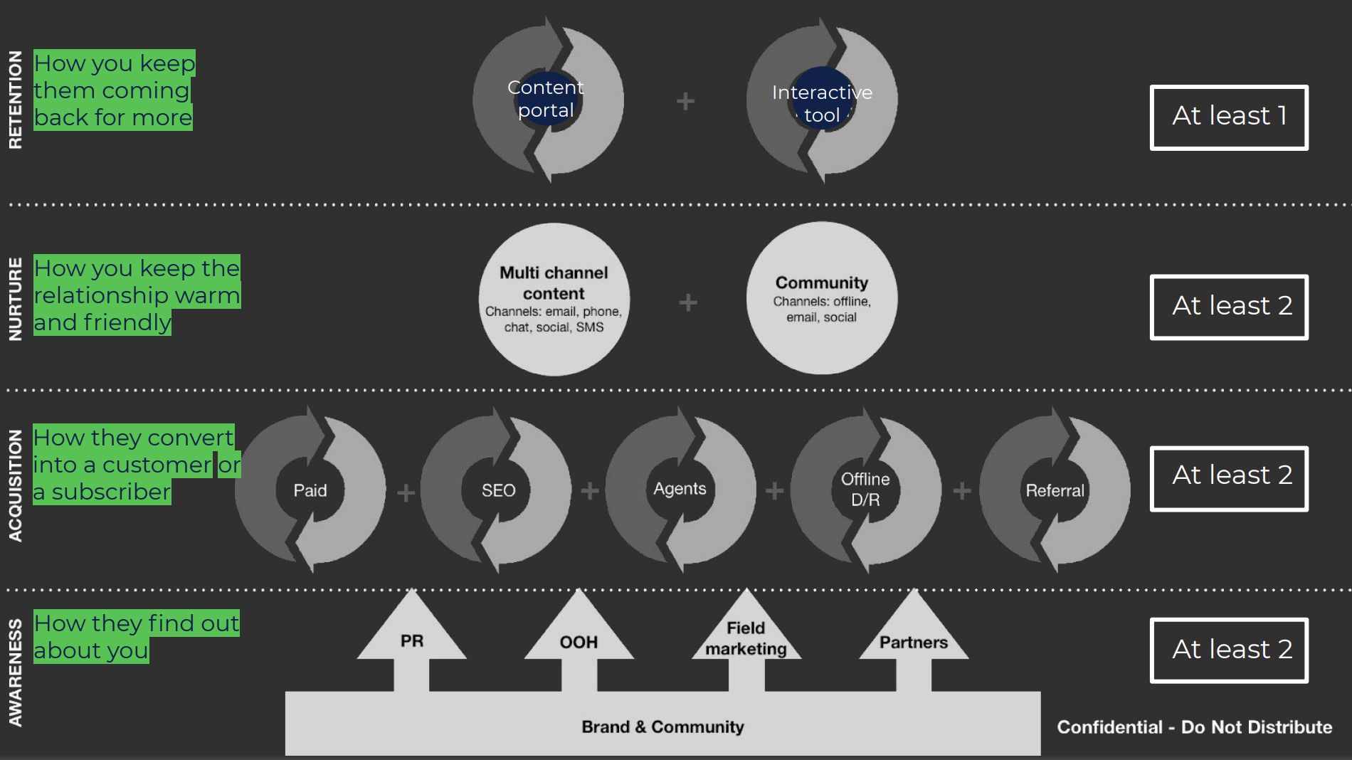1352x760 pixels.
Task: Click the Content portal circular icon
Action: pos(547,100)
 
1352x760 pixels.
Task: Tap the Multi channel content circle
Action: pos(554,300)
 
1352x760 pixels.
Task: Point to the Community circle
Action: pos(822,298)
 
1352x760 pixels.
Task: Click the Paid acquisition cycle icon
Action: pos(310,490)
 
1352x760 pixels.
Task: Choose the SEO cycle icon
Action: pos(497,490)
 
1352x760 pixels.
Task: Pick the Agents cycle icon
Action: pos(680,490)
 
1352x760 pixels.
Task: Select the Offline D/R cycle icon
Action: pos(865,490)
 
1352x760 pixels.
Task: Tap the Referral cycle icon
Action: pos(1055,490)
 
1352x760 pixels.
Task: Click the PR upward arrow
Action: pos(412,641)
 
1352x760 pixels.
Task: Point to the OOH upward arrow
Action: pos(579,642)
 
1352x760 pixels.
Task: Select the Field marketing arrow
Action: pos(746,638)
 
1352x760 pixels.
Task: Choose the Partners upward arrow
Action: pos(914,642)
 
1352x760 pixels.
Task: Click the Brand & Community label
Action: pos(662,727)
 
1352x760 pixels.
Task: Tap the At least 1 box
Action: pos(1229,117)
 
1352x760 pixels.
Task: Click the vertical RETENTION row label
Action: pos(15,100)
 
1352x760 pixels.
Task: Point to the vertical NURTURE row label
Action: pos(15,299)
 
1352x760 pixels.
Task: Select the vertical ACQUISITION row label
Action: pos(15,485)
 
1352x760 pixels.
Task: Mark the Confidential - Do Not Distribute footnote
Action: pos(1194,727)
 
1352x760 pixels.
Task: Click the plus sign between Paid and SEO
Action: pos(406,492)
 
